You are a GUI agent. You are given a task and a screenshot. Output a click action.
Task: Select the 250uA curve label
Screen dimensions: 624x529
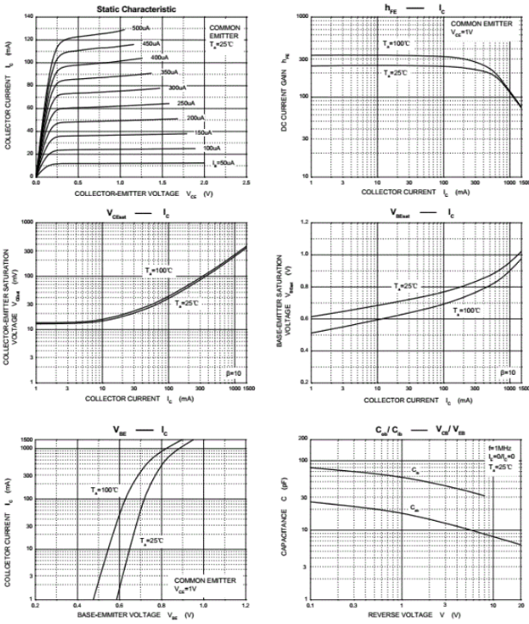185,103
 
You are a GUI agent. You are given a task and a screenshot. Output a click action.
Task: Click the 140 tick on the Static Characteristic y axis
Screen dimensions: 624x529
28,17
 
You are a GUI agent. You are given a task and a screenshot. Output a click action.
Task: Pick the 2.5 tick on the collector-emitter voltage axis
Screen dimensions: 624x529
246,183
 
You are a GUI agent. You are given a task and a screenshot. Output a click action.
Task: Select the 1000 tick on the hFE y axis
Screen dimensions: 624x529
302,17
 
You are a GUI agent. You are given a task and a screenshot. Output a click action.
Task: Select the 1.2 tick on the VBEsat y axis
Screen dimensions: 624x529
303,223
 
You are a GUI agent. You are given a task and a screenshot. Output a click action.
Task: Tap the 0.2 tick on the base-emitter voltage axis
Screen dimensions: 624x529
36,604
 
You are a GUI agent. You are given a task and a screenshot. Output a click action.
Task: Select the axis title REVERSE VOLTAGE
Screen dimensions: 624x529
391,614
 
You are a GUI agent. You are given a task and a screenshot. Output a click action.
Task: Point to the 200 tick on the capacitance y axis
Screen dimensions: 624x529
302,438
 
